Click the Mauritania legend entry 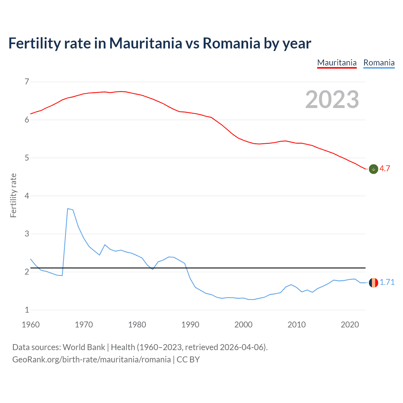coord(337,63)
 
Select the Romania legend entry coord(379,63)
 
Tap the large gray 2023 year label coord(332,99)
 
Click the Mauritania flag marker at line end coord(373,169)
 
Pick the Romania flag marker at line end coord(373,283)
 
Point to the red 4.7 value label coord(384,169)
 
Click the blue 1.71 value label coord(387,282)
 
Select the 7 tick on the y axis coord(27,82)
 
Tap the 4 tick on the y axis coord(27,196)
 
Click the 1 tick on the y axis coord(27,310)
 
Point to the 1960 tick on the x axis coord(31,325)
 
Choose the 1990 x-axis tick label coord(190,325)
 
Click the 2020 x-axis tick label coord(350,325)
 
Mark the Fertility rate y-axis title coord(13,195)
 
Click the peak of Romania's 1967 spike coord(68,209)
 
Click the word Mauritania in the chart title coord(145,43)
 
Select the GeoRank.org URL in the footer coord(91,360)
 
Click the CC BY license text coord(188,360)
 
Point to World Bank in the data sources coord(84,347)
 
